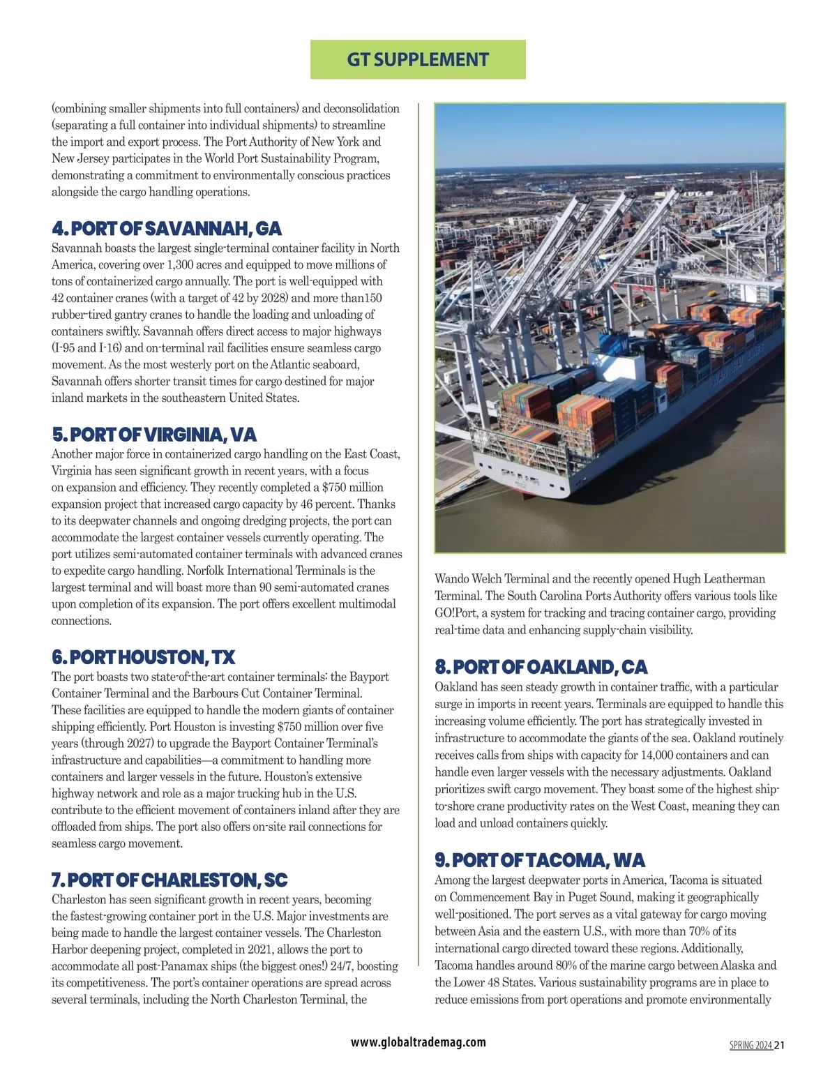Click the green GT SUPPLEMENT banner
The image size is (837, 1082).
point(417,59)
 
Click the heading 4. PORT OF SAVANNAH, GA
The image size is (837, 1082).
point(167,229)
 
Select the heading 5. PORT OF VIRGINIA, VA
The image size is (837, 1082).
point(154,435)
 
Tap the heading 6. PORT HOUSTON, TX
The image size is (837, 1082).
point(143,657)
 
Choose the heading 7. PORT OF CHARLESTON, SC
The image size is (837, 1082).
point(169,879)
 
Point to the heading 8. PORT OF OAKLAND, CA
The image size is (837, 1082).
point(541,667)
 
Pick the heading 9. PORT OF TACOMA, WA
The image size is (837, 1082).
point(539,859)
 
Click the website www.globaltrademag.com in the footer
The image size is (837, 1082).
point(418,1042)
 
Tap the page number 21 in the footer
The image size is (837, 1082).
point(780,1045)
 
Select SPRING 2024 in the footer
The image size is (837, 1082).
point(751,1045)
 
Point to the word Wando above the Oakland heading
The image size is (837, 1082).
point(452,579)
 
